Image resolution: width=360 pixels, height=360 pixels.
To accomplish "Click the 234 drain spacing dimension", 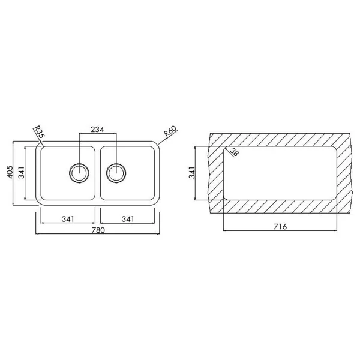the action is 97,130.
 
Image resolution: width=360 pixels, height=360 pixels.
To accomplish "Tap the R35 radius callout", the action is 39,132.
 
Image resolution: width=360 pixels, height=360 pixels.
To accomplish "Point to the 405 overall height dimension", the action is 10,172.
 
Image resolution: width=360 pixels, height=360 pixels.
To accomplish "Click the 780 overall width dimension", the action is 98,230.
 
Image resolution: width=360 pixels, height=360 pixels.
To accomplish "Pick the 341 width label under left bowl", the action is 68,219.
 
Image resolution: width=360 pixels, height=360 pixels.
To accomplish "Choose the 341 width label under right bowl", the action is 128,219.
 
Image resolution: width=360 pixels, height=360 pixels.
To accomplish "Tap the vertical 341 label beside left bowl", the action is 22,172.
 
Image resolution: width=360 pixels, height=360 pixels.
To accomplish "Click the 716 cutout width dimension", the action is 280,227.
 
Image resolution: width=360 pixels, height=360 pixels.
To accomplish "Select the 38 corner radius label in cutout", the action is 234,152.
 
